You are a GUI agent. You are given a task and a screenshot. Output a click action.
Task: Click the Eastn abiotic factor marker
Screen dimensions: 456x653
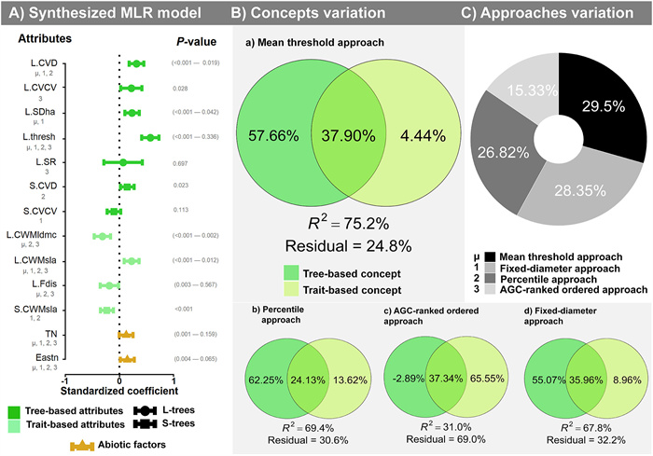[127, 358]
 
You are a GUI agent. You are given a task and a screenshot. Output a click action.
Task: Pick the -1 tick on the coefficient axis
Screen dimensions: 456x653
[64, 381]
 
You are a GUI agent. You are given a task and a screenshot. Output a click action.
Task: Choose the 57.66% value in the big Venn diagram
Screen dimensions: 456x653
[273, 135]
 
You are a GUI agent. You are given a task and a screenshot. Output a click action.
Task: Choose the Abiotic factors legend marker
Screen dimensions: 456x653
[84, 444]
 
